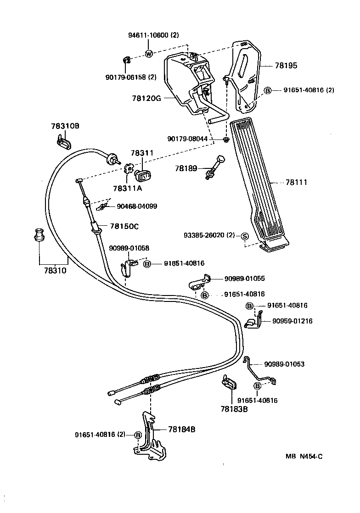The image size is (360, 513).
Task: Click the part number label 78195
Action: (x=286, y=66)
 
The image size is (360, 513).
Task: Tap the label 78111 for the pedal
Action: (x=296, y=182)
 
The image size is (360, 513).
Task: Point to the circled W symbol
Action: (x=149, y=54)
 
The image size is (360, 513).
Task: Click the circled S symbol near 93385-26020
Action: (x=244, y=235)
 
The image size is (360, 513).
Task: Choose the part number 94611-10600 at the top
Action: (x=153, y=37)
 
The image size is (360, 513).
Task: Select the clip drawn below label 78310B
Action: (x=63, y=140)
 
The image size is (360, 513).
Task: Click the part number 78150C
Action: (x=124, y=226)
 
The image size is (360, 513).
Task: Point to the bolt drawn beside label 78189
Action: (x=215, y=167)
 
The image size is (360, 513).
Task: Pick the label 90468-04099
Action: (x=137, y=206)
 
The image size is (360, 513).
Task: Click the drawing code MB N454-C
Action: (x=304, y=456)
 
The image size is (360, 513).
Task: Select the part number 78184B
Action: (x=181, y=429)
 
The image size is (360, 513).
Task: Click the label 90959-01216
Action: (x=291, y=321)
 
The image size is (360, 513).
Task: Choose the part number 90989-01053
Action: (x=284, y=364)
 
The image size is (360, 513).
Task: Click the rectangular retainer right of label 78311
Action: (x=142, y=174)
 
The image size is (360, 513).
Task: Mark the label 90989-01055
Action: (x=244, y=278)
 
